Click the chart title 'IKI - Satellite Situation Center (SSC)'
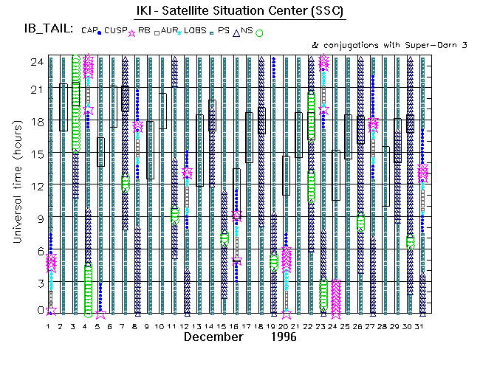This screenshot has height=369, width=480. tap(239, 12)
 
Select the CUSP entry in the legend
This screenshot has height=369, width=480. tap(114, 30)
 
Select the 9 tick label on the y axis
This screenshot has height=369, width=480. tap(37, 218)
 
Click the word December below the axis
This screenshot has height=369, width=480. tap(213, 337)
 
